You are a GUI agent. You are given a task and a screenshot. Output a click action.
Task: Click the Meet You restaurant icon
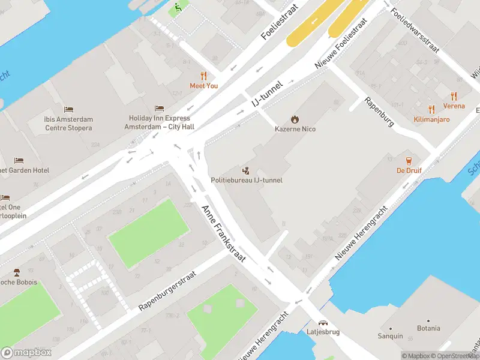[x=204, y=76]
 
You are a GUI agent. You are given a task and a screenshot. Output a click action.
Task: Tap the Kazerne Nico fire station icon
[x=295, y=119]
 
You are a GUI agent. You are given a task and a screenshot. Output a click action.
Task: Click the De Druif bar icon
[x=409, y=160]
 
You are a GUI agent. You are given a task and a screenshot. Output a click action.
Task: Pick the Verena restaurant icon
[x=454, y=96]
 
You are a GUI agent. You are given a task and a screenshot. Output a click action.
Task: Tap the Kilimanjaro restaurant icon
[x=431, y=109]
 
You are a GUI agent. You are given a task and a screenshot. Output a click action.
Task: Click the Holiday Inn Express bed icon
[x=158, y=108]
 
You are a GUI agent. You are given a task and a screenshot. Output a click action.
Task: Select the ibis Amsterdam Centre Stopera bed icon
[x=68, y=110]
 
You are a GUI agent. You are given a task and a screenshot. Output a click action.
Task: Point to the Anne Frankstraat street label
[x=224, y=233]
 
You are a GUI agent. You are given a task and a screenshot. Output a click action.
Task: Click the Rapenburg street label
[x=380, y=111]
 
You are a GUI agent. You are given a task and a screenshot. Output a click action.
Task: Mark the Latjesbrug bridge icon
[x=323, y=322]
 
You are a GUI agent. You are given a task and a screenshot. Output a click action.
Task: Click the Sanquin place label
[x=391, y=336]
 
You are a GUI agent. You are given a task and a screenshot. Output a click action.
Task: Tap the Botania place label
[x=428, y=328]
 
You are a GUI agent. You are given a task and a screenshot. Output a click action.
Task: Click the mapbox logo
[x=27, y=352]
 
